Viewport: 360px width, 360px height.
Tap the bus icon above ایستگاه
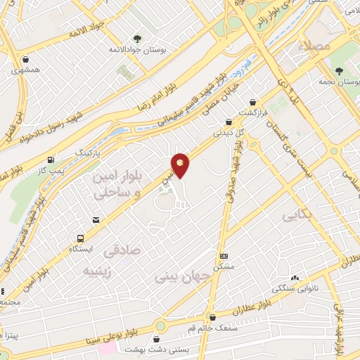(x=82, y=238)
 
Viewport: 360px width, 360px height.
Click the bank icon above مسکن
(x=224, y=256)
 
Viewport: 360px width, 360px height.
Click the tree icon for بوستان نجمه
(x=339, y=71)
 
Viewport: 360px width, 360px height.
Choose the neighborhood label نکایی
(x=295, y=215)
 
